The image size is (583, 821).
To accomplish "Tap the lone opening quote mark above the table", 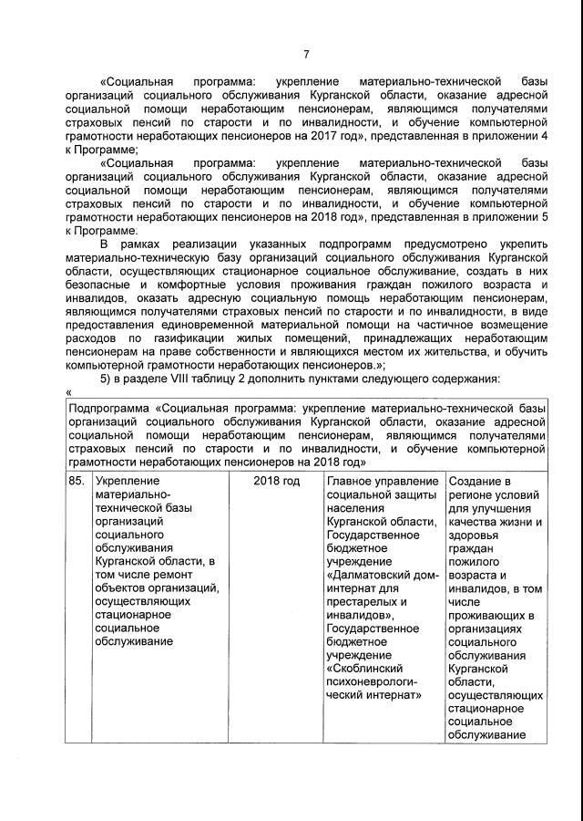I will pyautogui.click(x=69, y=392).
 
